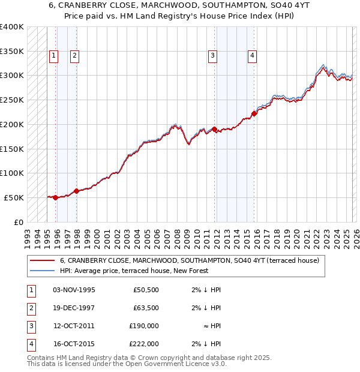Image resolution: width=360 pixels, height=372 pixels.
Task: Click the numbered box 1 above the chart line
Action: [53, 56]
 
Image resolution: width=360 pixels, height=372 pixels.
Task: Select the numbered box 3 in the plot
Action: [212, 56]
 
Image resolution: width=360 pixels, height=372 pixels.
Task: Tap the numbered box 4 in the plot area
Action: [253, 56]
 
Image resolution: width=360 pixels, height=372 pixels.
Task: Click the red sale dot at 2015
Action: [254, 113]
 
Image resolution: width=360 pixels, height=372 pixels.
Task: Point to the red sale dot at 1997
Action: [76, 191]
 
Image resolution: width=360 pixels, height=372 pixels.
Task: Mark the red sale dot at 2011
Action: [214, 129]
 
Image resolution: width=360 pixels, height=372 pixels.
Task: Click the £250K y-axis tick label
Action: [12, 100]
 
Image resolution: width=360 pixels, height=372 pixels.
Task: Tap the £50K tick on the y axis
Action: [14, 197]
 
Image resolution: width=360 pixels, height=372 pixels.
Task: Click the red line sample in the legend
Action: [43, 260]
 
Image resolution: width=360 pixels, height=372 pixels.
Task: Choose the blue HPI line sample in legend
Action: [43, 271]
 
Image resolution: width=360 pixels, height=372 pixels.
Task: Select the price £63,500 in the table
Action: [145, 308]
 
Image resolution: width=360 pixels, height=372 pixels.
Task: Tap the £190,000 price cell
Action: [143, 326]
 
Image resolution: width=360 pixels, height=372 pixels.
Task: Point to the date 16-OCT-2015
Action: [74, 344]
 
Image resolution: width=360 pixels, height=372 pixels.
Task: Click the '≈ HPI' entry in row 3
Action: [211, 326]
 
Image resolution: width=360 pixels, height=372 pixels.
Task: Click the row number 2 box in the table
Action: [29, 308]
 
